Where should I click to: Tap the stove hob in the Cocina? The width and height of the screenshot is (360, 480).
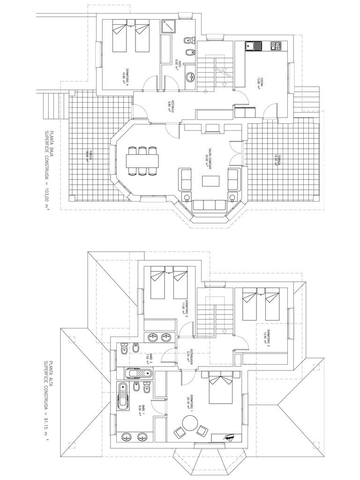point(277,46)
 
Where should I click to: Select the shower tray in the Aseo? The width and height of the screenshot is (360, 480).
point(169,26)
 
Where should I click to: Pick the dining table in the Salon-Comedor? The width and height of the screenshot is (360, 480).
point(143,160)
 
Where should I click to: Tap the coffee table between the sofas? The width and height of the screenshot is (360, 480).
point(210,180)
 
